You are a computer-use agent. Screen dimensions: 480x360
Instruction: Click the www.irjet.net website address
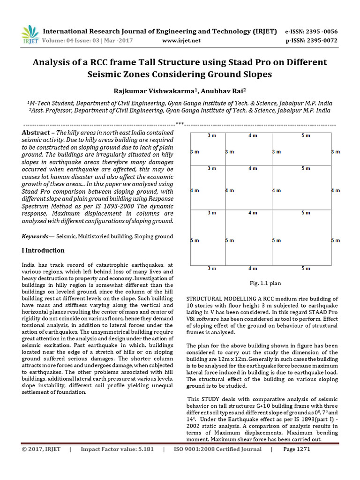pyautogui.click(x=181, y=41)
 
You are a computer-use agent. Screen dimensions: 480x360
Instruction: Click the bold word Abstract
pyautogui.click(x=36, y=133)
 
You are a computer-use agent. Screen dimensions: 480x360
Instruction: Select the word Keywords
pyautogui.click(x=36, y=236)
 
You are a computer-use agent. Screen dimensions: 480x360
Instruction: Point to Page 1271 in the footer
pyautogui.click(x=297, y=449)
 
